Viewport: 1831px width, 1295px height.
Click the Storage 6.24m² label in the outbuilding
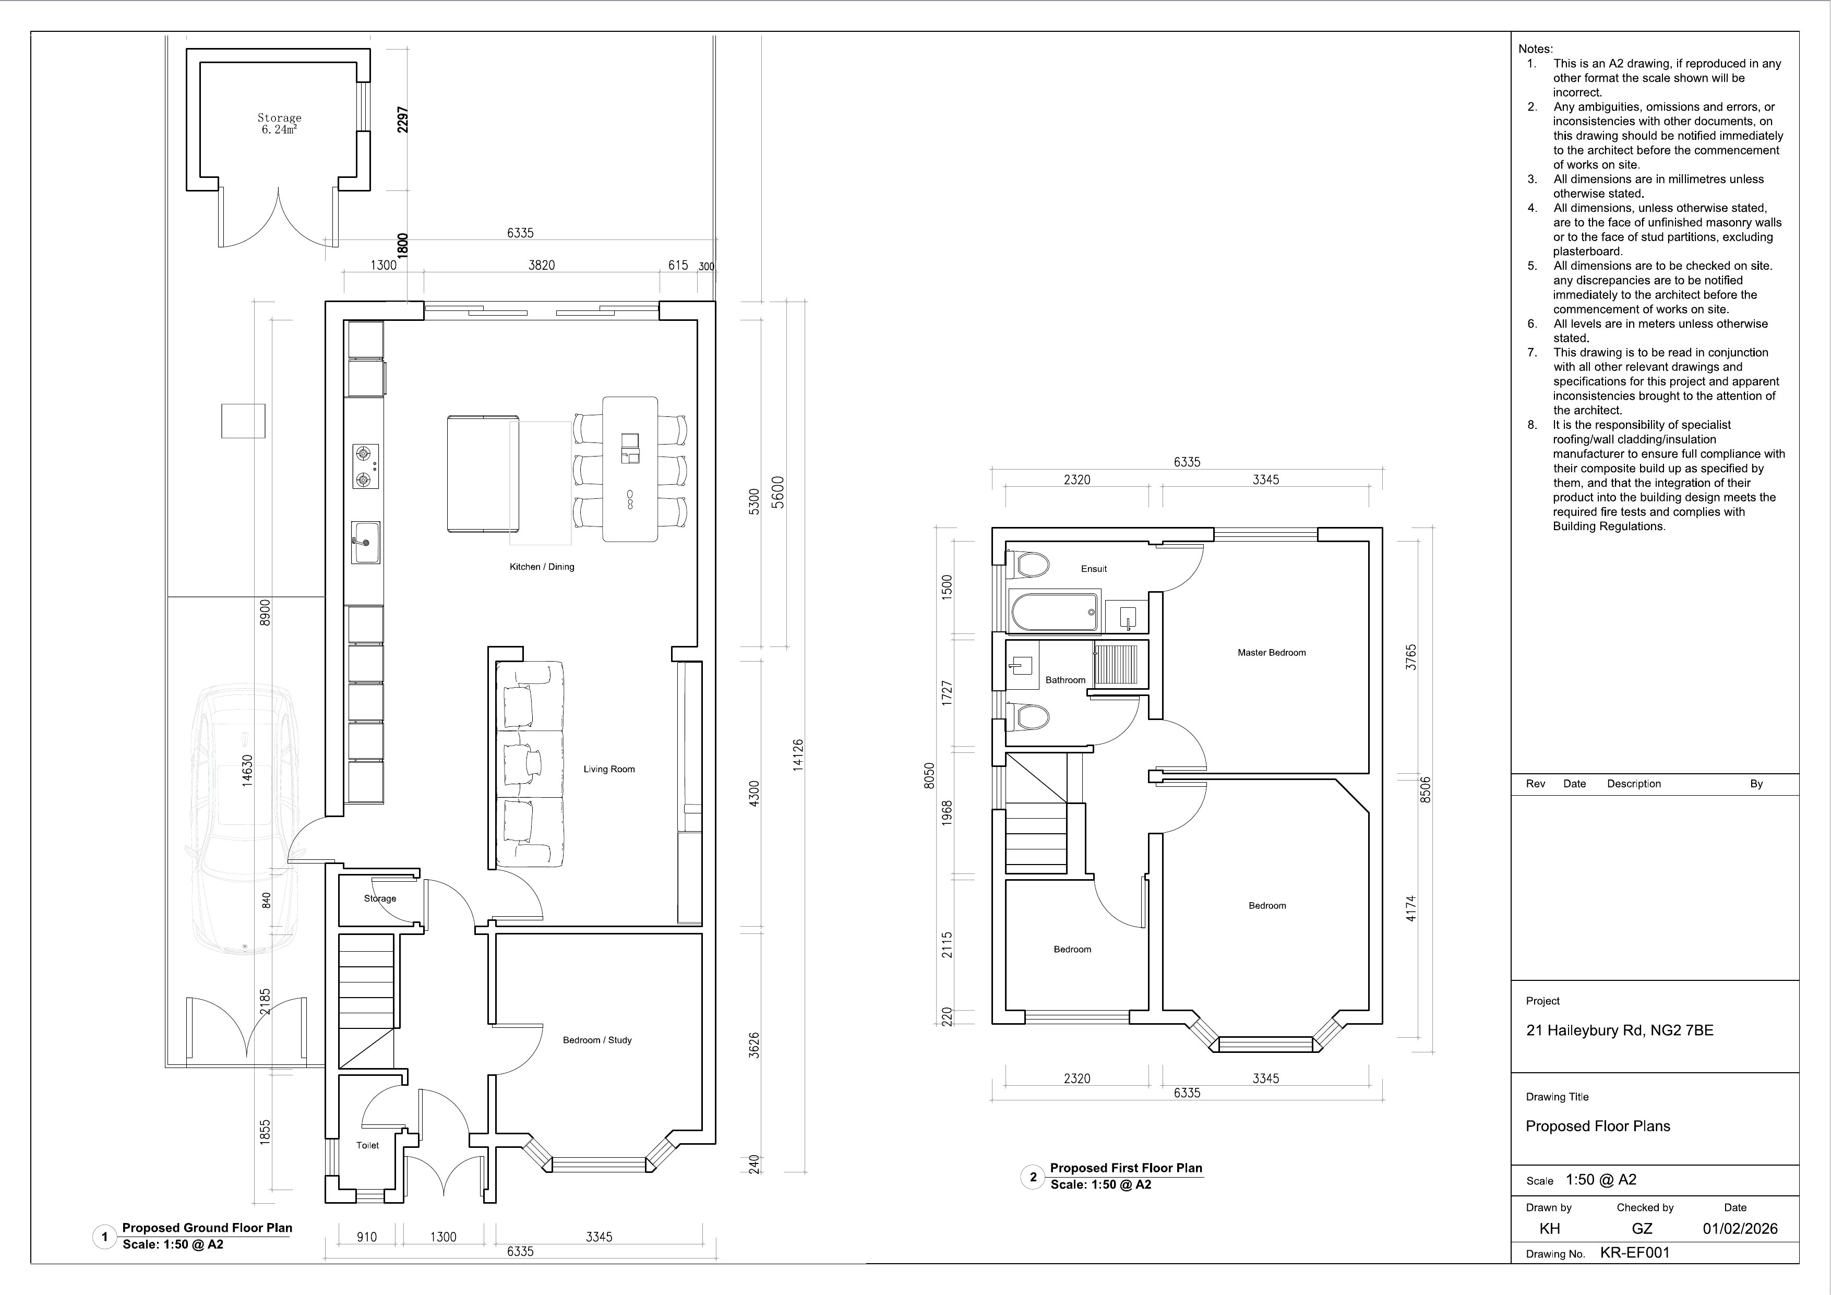coord(279,124)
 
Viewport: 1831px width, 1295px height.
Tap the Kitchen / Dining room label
coord(542,567)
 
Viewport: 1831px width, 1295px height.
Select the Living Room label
coord(609,770)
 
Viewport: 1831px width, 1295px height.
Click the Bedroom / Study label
coord(597,1040)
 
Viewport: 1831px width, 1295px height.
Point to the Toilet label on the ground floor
coord(368,1145)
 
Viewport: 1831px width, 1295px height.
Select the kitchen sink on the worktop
coord(365,543)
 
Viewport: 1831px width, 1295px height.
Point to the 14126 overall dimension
coord(798,754)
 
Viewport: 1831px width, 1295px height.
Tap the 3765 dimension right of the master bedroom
coord(1411,657)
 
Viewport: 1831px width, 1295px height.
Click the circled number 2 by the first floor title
coord(1033,1176)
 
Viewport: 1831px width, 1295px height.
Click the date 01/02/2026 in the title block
coord(1740,1229)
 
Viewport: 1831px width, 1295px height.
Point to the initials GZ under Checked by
coord(1642,1229)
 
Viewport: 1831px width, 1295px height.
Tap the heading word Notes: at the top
coord(1535,49)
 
